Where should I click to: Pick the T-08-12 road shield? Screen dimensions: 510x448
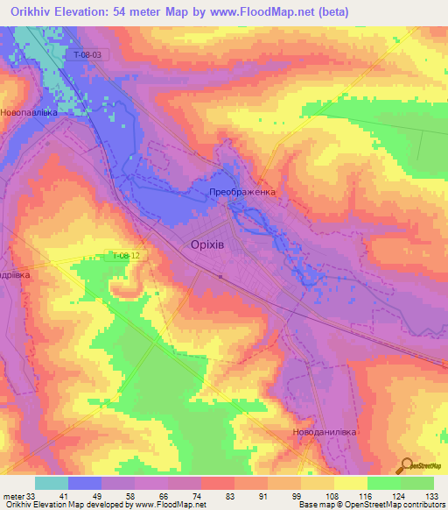tap(125, 256)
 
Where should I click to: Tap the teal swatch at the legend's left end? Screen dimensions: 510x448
tap(51, 482)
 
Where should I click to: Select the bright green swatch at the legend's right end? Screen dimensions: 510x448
tap(417, 482)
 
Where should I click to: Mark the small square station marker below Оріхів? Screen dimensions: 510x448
tap(220, 276)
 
